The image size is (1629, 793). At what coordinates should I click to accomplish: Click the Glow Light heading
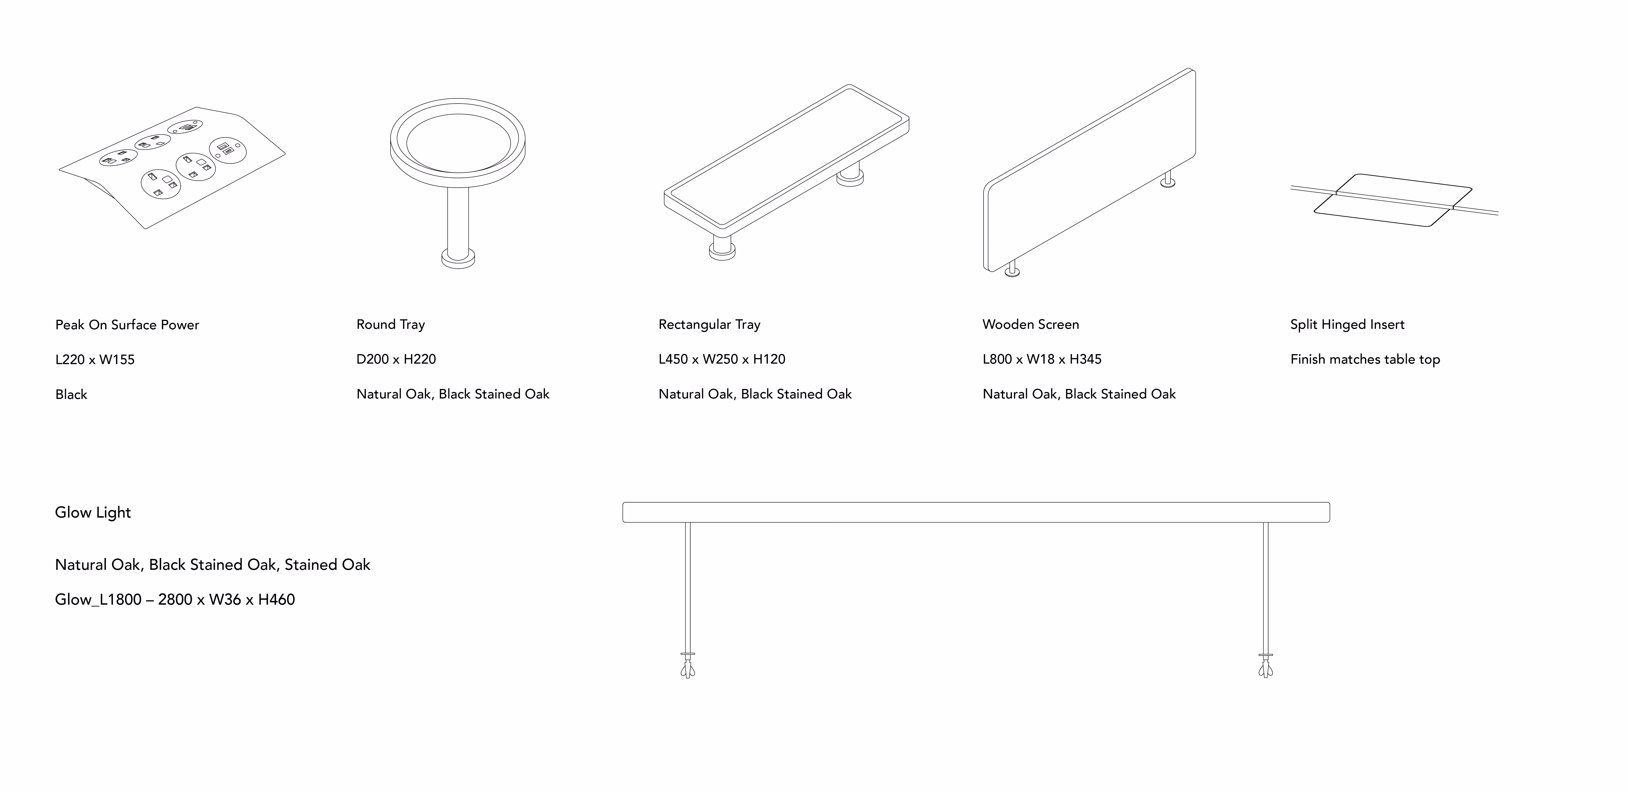click(x=93, y=512)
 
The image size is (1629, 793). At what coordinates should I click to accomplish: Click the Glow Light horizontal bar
click(x=976, y=512)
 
